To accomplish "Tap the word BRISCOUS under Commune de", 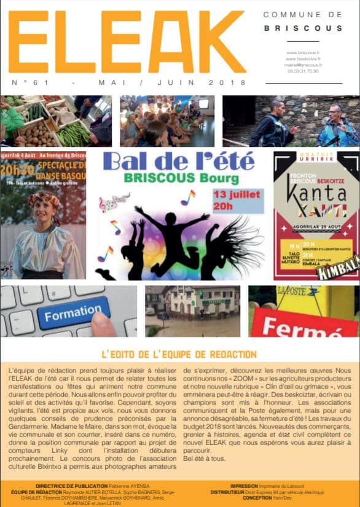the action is click(x=303, y=28).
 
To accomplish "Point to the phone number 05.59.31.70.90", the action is click(x=303, y=71).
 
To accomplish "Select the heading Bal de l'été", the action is click(x=179, y=162).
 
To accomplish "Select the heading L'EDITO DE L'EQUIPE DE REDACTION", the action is click(x=179, y=354).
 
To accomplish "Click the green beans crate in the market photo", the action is click(x=74, y=133).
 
